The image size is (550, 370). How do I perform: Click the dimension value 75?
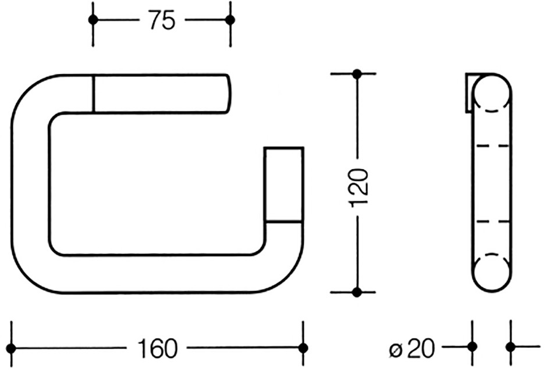(162, 20)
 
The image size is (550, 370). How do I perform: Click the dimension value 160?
(157, 348)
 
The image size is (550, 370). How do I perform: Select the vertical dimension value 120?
(360, 187)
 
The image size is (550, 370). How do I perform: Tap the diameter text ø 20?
(413, 348)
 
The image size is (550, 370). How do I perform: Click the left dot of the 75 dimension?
(93, 20)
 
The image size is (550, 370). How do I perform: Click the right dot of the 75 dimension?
(230, 20)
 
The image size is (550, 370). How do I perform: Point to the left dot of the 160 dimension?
(11, 348)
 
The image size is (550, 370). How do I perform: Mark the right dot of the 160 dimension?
(303, 348)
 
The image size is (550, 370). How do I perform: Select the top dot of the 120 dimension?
(357, 74)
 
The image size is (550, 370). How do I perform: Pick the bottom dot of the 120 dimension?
(357, 292)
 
